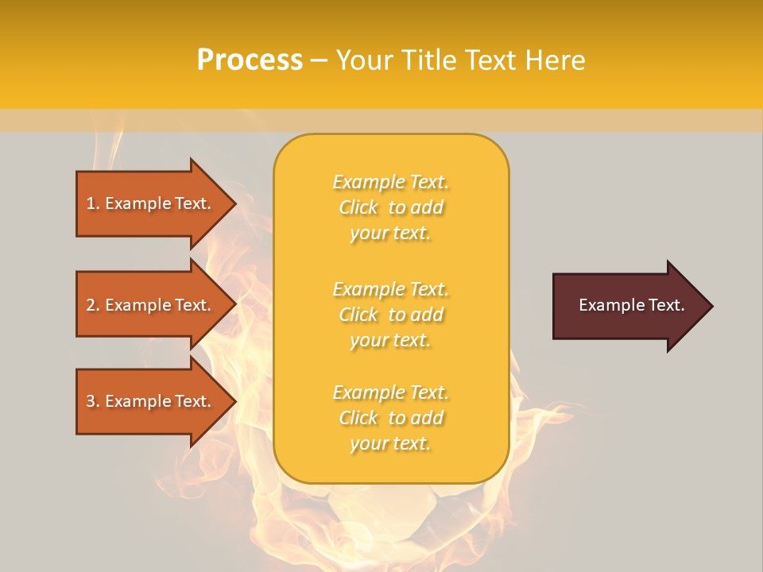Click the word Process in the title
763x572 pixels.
click(x=250, y=60)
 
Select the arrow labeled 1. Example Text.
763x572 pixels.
click(x=151, y=203)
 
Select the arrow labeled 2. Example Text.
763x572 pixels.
click(x=151, y=305)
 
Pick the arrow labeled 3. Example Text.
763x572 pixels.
click(x=151, y=401)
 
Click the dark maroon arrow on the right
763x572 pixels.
click(x=628, y=305)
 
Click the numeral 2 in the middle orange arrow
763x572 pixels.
click(x=91, y=305)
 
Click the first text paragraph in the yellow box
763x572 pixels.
click(x=390, y=207)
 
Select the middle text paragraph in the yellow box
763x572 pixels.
click(x=390, y=315)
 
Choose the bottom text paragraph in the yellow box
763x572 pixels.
click(x=390, y=418)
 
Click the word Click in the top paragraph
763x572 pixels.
click(x=358, y=207)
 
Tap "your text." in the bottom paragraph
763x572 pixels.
click(x=390, y=443)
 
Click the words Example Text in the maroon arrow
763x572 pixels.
click(x=631, y=305)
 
